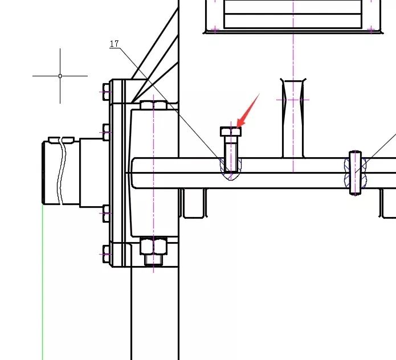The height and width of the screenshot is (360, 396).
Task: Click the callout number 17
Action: coord(115,44)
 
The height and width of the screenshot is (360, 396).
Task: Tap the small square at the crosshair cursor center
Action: coord(60,76)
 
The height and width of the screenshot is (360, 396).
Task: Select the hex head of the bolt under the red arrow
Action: coord(231,132)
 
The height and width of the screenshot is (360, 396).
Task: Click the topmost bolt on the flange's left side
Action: coord(107,92)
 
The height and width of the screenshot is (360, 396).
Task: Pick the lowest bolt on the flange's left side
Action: coord(107,254)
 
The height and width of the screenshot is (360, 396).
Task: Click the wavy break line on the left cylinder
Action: coord(62,171)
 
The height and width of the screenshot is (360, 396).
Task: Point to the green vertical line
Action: coord(42,282)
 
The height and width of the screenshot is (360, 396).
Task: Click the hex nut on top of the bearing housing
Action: coord(153,105)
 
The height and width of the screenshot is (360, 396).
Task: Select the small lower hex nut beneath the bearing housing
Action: coord(153,260)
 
